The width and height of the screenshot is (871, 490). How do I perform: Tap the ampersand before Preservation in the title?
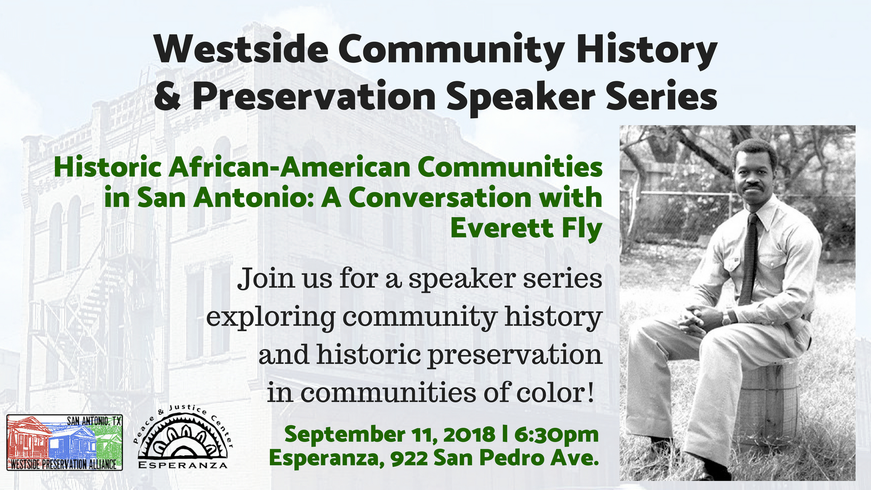point(167,96)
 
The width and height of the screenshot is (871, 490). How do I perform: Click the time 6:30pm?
point(557,435)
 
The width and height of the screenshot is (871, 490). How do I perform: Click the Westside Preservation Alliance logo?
point(64,442)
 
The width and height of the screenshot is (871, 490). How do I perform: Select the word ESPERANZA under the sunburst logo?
point(183,465)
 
